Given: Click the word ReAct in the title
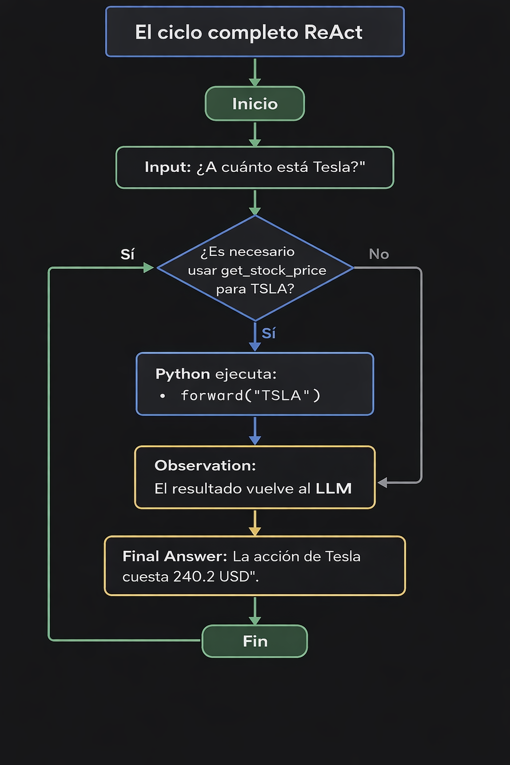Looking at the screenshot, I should point(333,32).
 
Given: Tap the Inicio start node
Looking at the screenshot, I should point(255,104).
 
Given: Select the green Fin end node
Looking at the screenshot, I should point(255,641).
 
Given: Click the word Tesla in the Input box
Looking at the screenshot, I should point(332,167).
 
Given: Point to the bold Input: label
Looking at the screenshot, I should point(168,167).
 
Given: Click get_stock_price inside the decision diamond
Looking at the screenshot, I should point(273,270).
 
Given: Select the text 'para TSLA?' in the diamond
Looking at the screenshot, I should point(255,289).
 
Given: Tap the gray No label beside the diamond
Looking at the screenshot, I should point(379,254).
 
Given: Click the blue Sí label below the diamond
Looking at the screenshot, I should point(268,333).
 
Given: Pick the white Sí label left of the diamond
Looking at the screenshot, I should point(127,255).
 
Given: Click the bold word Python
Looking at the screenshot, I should point(182,374).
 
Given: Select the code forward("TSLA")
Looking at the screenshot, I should point(251,395).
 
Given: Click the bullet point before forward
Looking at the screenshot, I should point(162,396).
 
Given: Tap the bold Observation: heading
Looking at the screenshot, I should point(205,465).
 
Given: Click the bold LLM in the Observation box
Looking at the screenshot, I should point(334,489).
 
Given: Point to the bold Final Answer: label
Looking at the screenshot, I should point(174,556).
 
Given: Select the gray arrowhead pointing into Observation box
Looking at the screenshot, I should point(382,483).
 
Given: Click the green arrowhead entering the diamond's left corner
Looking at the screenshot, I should point(148,268).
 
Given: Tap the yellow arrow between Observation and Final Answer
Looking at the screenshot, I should point(255,523).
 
